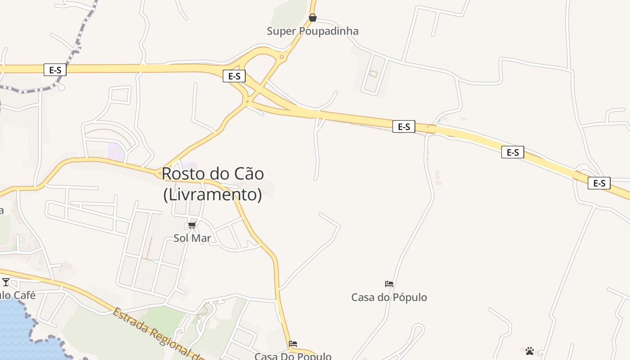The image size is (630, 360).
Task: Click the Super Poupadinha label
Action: point(313,31)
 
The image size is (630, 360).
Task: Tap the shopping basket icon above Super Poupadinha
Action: point(313,18)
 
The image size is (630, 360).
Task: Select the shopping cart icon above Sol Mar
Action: point(192,225)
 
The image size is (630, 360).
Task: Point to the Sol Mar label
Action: point(192,238)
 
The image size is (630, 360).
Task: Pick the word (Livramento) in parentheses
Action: point(212,195)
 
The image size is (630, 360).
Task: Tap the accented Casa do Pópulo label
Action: point(389,297)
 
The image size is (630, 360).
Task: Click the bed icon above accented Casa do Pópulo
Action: point(389,284)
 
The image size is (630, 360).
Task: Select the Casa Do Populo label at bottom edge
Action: point(293,356)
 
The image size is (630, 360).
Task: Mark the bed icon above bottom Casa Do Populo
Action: point(293,344)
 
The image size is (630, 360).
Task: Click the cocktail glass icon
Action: point(6,282)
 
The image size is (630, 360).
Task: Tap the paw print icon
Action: point(530,351)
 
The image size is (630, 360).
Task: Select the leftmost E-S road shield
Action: point(55,70)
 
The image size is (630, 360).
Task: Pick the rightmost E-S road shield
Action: point(599,183)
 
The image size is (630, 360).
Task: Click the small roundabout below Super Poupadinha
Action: point(282,57)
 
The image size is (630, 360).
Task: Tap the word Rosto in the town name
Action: point(180,174)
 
